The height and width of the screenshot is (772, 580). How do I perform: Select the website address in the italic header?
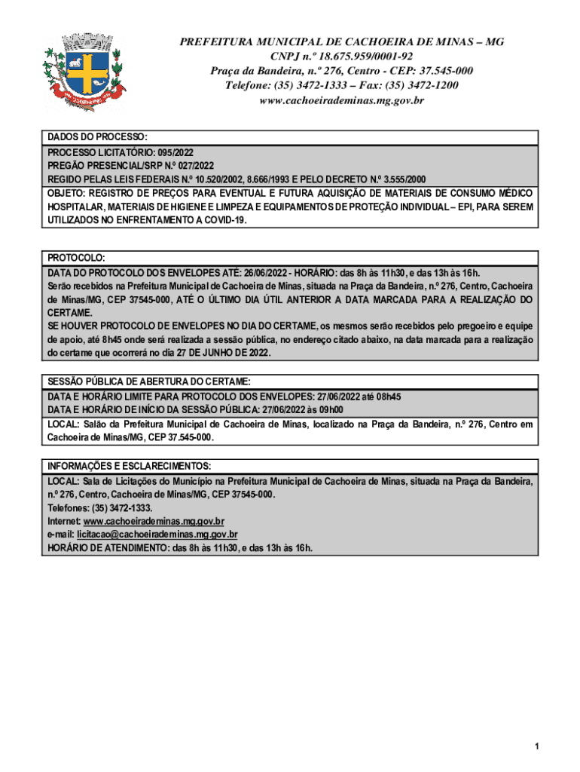tap(341, 100)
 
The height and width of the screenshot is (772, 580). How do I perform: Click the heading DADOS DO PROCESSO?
tap(98, 138)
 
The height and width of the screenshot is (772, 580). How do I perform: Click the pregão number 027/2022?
tap(191, 166)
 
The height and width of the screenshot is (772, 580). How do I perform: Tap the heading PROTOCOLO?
tap(76, 258)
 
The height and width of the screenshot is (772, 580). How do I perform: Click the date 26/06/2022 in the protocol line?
tap(266, 272)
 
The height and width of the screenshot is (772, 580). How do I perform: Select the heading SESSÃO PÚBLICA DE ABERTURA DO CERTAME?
tap(154, 381)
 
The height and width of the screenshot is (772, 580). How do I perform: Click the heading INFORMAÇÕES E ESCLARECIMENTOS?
tap(129, 466)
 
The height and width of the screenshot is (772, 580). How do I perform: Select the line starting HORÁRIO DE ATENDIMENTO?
tap(180, 548)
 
